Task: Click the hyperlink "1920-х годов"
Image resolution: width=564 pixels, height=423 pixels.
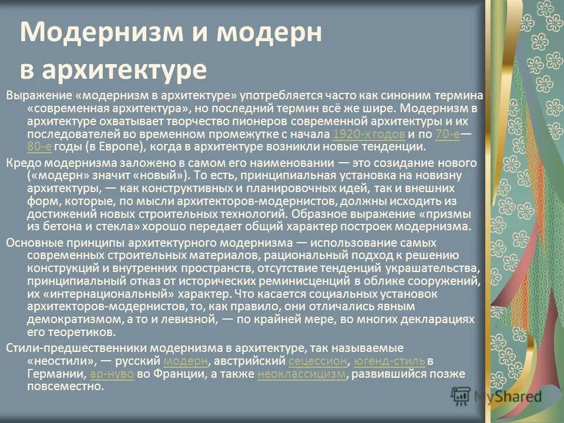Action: click(368, 135)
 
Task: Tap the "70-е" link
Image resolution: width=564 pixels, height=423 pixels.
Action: click(448, 135)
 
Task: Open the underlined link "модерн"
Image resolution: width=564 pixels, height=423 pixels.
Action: click(186, 360)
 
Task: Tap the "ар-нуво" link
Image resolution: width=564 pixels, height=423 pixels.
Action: click(112, 374)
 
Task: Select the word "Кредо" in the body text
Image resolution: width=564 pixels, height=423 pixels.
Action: click(22, 163)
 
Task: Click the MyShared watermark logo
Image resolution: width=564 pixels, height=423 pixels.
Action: click(497, 396)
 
